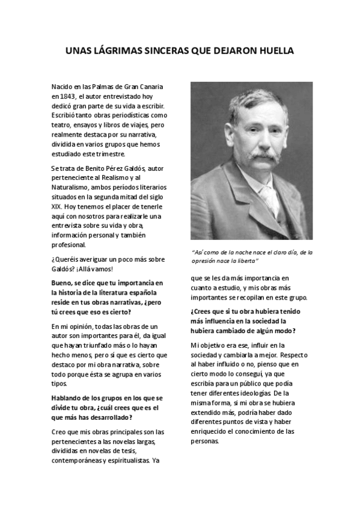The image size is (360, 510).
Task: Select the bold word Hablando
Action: [70, 398]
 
